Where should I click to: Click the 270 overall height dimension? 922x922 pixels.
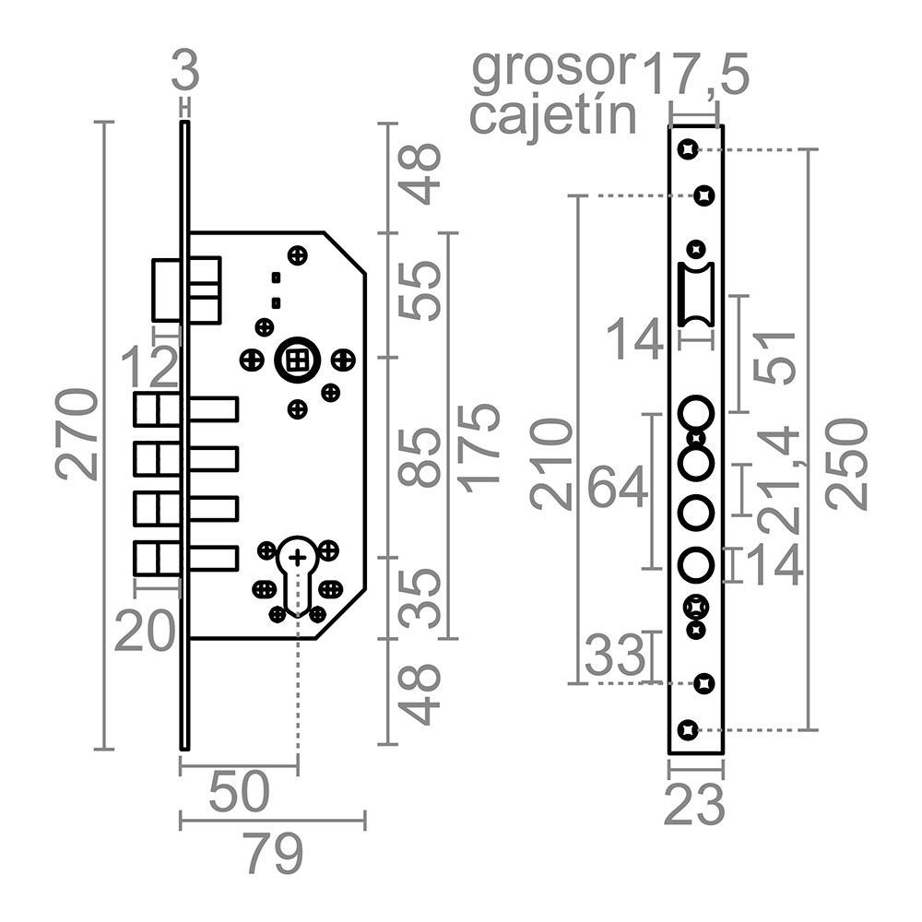[77, 433]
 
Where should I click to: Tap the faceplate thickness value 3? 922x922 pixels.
[185, 71]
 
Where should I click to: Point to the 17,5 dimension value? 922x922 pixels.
[695, 74]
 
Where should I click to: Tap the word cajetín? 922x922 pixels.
[553, 116]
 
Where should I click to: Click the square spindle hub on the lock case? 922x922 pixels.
[297, 361]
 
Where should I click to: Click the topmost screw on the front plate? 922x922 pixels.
[686, 148]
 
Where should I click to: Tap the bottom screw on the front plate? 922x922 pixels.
[686, 729]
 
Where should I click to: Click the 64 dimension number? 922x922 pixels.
[618, 488]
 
